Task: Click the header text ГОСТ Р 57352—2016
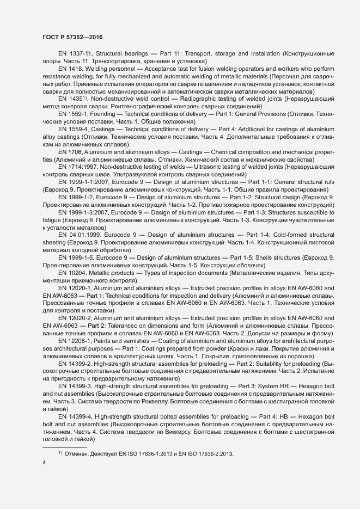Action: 72,37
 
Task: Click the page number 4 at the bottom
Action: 44,463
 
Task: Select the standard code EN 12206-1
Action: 76,340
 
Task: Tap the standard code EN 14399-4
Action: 76,416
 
